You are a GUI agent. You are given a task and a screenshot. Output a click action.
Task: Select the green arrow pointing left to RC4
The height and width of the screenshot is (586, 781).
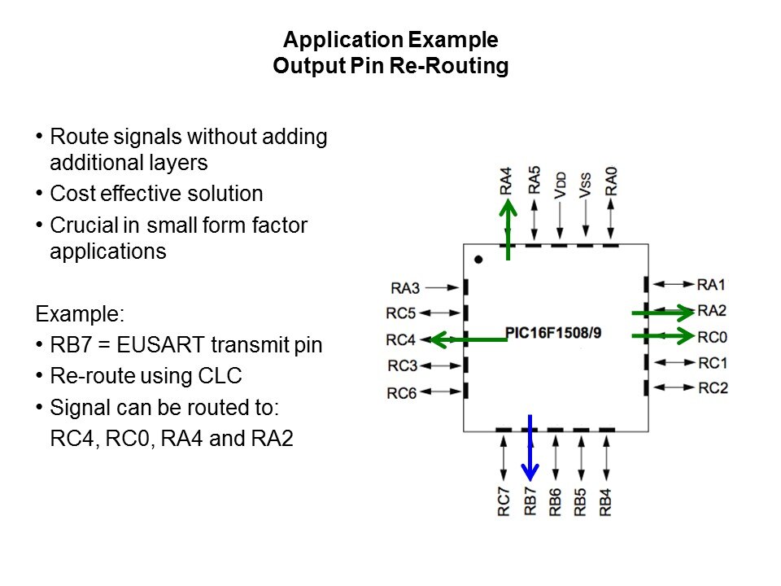(x=468, y=339)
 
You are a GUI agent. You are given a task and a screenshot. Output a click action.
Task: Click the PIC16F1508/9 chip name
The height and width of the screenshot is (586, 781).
(x=553, y=333)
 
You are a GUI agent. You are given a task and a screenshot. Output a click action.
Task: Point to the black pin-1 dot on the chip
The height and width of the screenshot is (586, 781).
(x=479, y=260)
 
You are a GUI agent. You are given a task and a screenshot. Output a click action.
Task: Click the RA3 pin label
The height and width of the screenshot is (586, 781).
(x=404, y=287)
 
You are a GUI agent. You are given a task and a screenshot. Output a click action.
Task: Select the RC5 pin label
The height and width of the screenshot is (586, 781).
(x=402, y=313)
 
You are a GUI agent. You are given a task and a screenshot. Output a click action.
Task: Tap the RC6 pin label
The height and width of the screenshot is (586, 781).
(x=402, y=393)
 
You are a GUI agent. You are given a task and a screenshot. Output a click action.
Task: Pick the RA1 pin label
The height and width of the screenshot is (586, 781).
(x=712, y=284)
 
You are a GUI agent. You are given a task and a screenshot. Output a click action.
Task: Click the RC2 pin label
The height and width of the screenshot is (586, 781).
(x=713, y=387)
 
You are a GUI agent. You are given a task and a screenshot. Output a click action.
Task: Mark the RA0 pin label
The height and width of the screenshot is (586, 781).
(x=611, y=179)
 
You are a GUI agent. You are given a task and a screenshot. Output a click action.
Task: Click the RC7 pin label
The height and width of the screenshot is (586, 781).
(x=504, y=501)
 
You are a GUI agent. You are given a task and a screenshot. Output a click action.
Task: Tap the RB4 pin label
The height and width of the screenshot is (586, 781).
(x=606, y=501)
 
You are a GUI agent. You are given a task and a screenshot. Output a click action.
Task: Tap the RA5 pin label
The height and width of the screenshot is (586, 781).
(x=534, y=179)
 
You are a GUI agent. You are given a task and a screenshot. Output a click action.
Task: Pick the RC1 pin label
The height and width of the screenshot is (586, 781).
(x=713, y=362)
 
